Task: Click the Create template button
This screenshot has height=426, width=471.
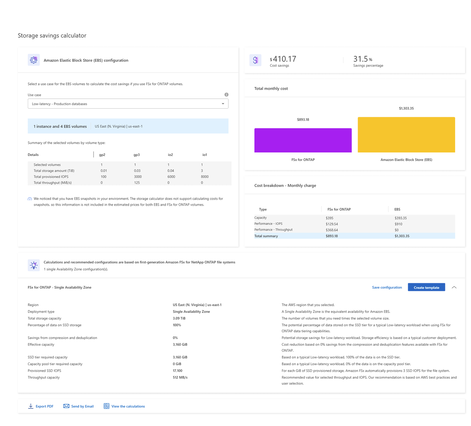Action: pos(426,287)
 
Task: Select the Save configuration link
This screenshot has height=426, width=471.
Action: pos(387,287)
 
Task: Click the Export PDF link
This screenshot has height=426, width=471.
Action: pos(41,406)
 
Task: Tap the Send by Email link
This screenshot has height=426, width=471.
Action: pos(78,406)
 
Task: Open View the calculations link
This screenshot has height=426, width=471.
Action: pos(124,406)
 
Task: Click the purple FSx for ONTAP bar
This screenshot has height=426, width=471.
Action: pos(303,140)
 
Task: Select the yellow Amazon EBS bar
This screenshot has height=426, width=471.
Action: pos(406,135)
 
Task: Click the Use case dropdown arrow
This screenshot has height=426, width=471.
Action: pos(223,104)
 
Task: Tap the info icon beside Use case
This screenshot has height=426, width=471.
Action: pos(226,94)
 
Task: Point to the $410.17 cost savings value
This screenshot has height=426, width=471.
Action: pos(283,59)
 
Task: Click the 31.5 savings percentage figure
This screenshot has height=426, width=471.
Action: pos(360,59)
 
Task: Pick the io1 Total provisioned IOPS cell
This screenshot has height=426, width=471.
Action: pos(204,177)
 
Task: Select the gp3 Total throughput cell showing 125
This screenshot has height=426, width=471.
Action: pos(137,182)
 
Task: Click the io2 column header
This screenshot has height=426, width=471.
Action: pos(170,154)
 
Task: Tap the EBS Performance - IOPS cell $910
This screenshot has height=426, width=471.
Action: pos(398,224)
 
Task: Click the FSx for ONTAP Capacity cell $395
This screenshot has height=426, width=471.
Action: pos(329,218)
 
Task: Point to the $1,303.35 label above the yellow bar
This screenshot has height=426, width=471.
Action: pos(406,108)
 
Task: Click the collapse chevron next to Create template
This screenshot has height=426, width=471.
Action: pos(454,287)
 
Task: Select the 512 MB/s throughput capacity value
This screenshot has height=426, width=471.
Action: pos(180,377)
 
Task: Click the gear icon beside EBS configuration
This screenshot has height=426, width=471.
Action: pos(34,60)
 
